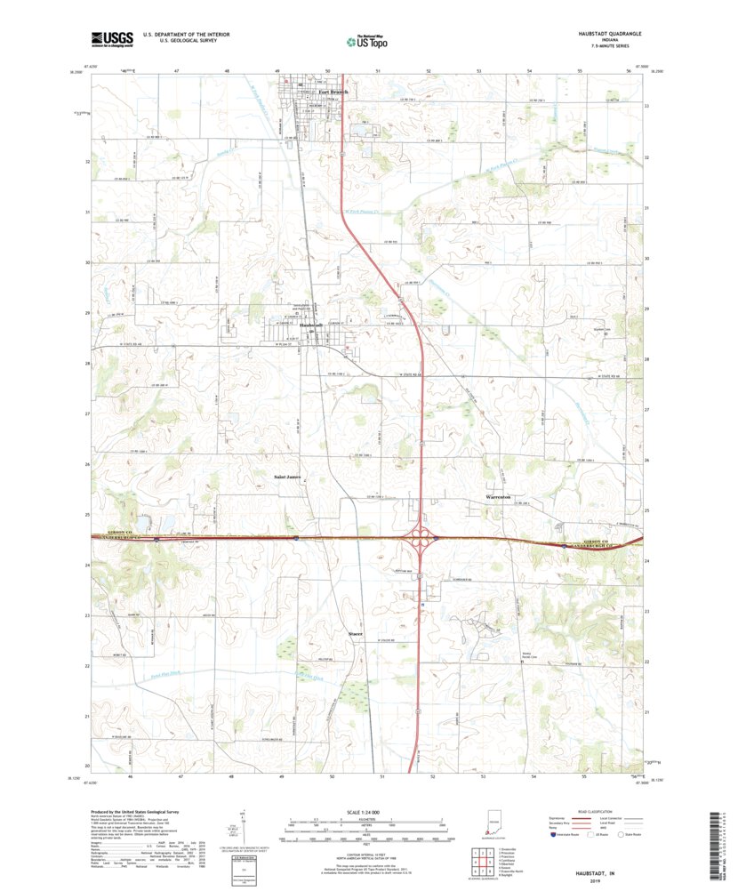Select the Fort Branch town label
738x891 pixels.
[333, 92]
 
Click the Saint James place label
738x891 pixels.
[288, 477]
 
